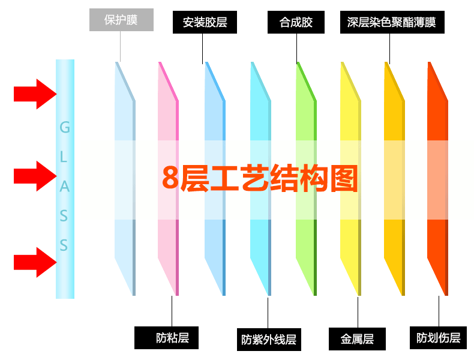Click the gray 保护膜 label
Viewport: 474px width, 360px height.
(x=121, y=20)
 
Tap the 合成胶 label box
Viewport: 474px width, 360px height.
(x=296, y=23)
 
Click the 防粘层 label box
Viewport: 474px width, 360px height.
(x=172, y=338)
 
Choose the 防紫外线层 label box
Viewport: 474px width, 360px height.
(x=268, y=339)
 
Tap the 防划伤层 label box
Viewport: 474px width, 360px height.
(x=438, y=338)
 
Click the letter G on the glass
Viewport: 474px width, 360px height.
(x=65, y=127)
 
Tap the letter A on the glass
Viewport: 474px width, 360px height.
(x=65, y=187)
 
